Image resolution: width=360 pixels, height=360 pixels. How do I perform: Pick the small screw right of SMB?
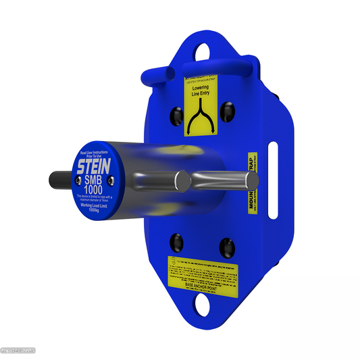113,178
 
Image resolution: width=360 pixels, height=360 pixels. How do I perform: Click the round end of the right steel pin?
251,180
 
